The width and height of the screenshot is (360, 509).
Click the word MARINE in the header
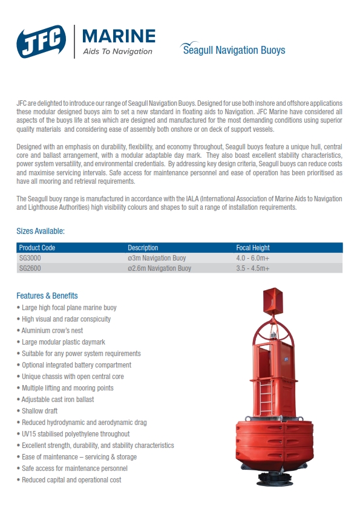pos(118,36)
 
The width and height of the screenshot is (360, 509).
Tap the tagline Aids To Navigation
pos(117,51)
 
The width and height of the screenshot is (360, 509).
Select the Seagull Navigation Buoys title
pos(234,50)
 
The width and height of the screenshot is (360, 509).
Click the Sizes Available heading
pos(41,231)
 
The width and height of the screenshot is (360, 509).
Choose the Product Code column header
pos(38,248)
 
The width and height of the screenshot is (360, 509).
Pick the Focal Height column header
pos(253,248)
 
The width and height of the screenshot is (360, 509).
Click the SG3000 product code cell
pos(30,258)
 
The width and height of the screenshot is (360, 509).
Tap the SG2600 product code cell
pos(30,268)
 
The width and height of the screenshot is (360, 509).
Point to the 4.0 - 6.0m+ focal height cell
pos(253,258)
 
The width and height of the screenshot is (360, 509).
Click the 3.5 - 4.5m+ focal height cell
pos(253,268)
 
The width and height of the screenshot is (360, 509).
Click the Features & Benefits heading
pos(47,296)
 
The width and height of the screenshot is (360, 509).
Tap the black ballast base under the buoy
pos(275,479)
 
